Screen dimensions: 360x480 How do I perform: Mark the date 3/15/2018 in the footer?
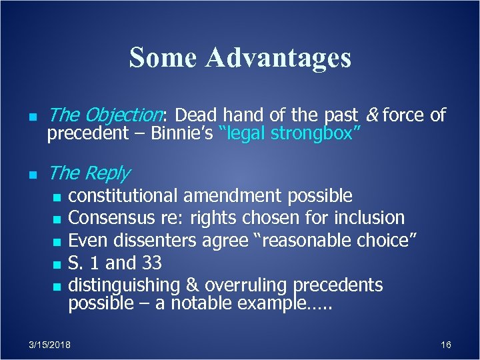tap(51, 345)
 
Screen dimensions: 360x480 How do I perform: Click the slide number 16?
tap(446, 345)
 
